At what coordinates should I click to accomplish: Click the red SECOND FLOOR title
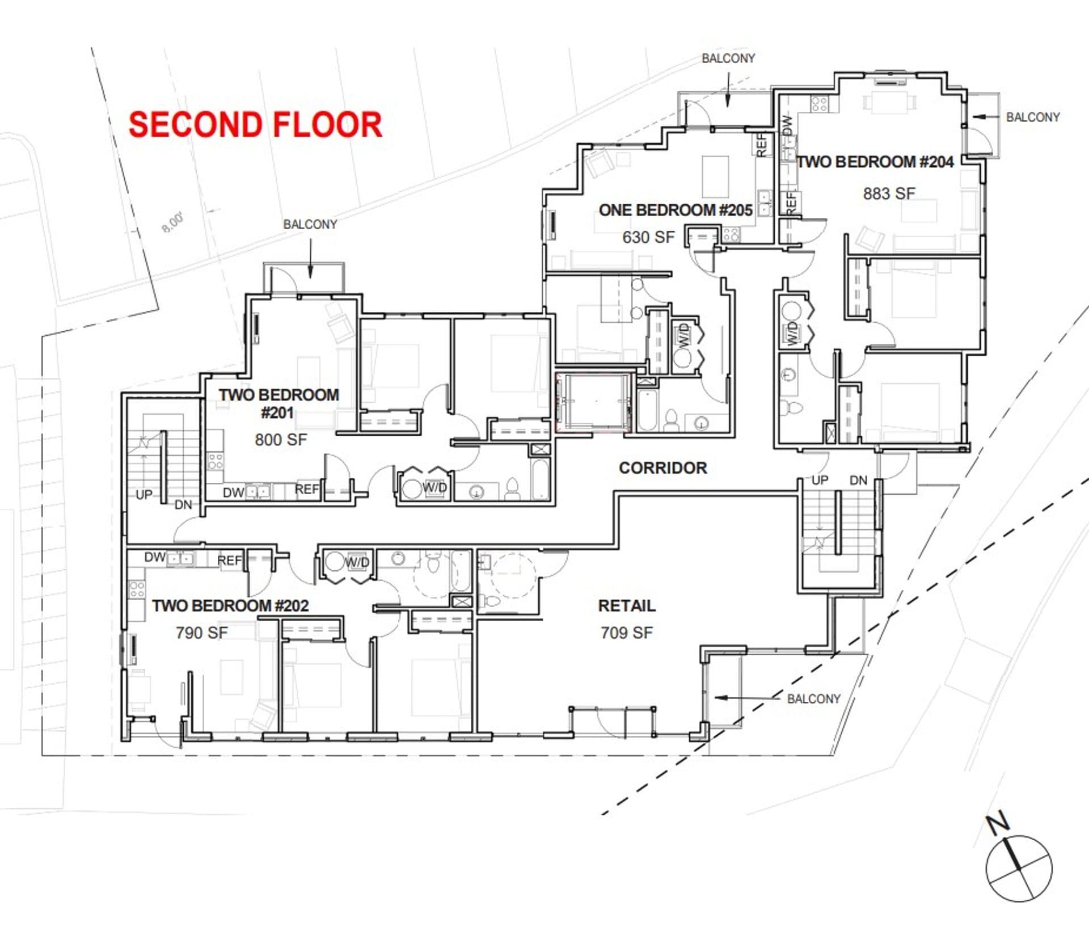pyautogui.click(x=255, y=125)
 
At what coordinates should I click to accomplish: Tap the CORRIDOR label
pyautogui.click(x=662, y=468)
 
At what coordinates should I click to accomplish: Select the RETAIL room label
pyautogui.click(x=626, y=606)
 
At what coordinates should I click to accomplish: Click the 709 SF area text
pyautogui.click(x=626, y=633)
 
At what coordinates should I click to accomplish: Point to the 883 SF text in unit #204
pyautogui.click(x=889, y=194)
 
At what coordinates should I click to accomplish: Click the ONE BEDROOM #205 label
pyautogui.click(x=675, y=210)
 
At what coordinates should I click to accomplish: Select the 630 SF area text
pyautogui.click(x=648, y=237)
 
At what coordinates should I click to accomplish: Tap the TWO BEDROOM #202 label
pyautogui.click(x=230, y=606)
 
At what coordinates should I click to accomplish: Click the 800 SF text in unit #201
pyautogui.click(x=280, y=440)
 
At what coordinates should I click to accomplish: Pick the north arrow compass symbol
pyautogui.click(x=1018, y=868)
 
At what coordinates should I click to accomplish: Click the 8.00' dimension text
pyautogui.click(x=172, y=222)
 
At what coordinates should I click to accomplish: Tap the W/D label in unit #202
pyautogui.click(x=357, y=562)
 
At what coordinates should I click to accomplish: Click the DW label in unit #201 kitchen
pyautogui.click(x=233, y=492)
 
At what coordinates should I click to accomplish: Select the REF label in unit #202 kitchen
pyautogui.click(x=229, y=561)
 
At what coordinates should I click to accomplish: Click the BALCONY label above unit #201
pyautogui.click(x=310, y=225)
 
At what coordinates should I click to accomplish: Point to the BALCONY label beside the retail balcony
pyautogui.click(x=813, y=699)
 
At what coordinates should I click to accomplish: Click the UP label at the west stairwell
pyautogui.click(x=143, y=495)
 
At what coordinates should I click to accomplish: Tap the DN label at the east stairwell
pyautogui.click(x=858, y=481)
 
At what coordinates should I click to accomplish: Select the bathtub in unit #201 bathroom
pyautogui.click(x=541, y=480)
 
